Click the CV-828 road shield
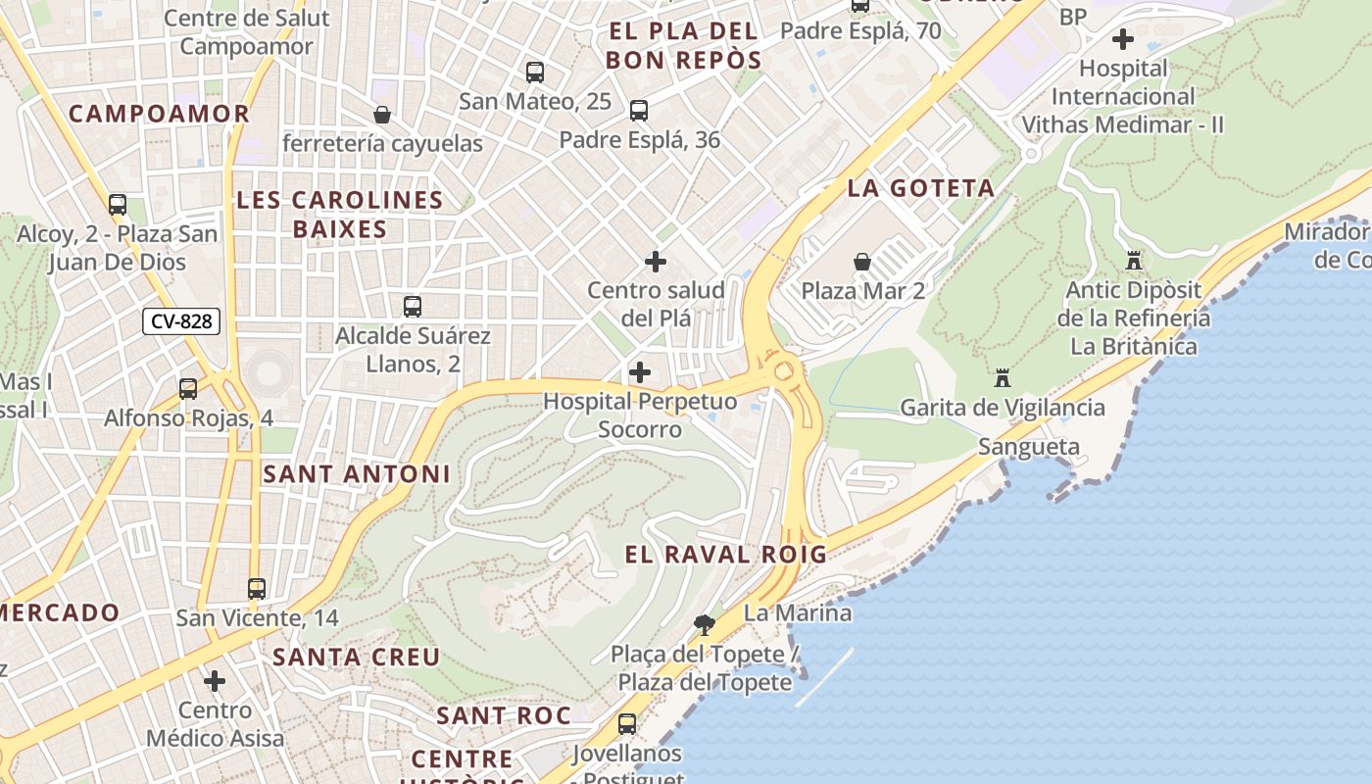[181, 320]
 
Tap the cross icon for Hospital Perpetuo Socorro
[640, 372]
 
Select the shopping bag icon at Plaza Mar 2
[862, 262]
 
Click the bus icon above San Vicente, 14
[257, 589]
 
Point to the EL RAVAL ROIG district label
[725, 555]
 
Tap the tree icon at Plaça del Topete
[704, 624]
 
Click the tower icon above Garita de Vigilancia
[1002, 377]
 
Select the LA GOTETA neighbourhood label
[920, 188]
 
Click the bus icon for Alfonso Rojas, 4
[188, 389]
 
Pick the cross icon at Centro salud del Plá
[656, 262]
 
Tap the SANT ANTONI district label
[357, 474]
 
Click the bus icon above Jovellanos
[627, 724]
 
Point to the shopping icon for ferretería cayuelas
[382, 115]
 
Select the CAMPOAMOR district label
[160, 114]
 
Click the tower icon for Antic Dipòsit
[1134, 261]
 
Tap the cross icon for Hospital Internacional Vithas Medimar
[1123, 39]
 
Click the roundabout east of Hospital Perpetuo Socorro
[783, 371]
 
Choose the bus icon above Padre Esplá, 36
[639, 111]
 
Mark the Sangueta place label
[1029, 448]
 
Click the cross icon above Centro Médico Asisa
[215, 680]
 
